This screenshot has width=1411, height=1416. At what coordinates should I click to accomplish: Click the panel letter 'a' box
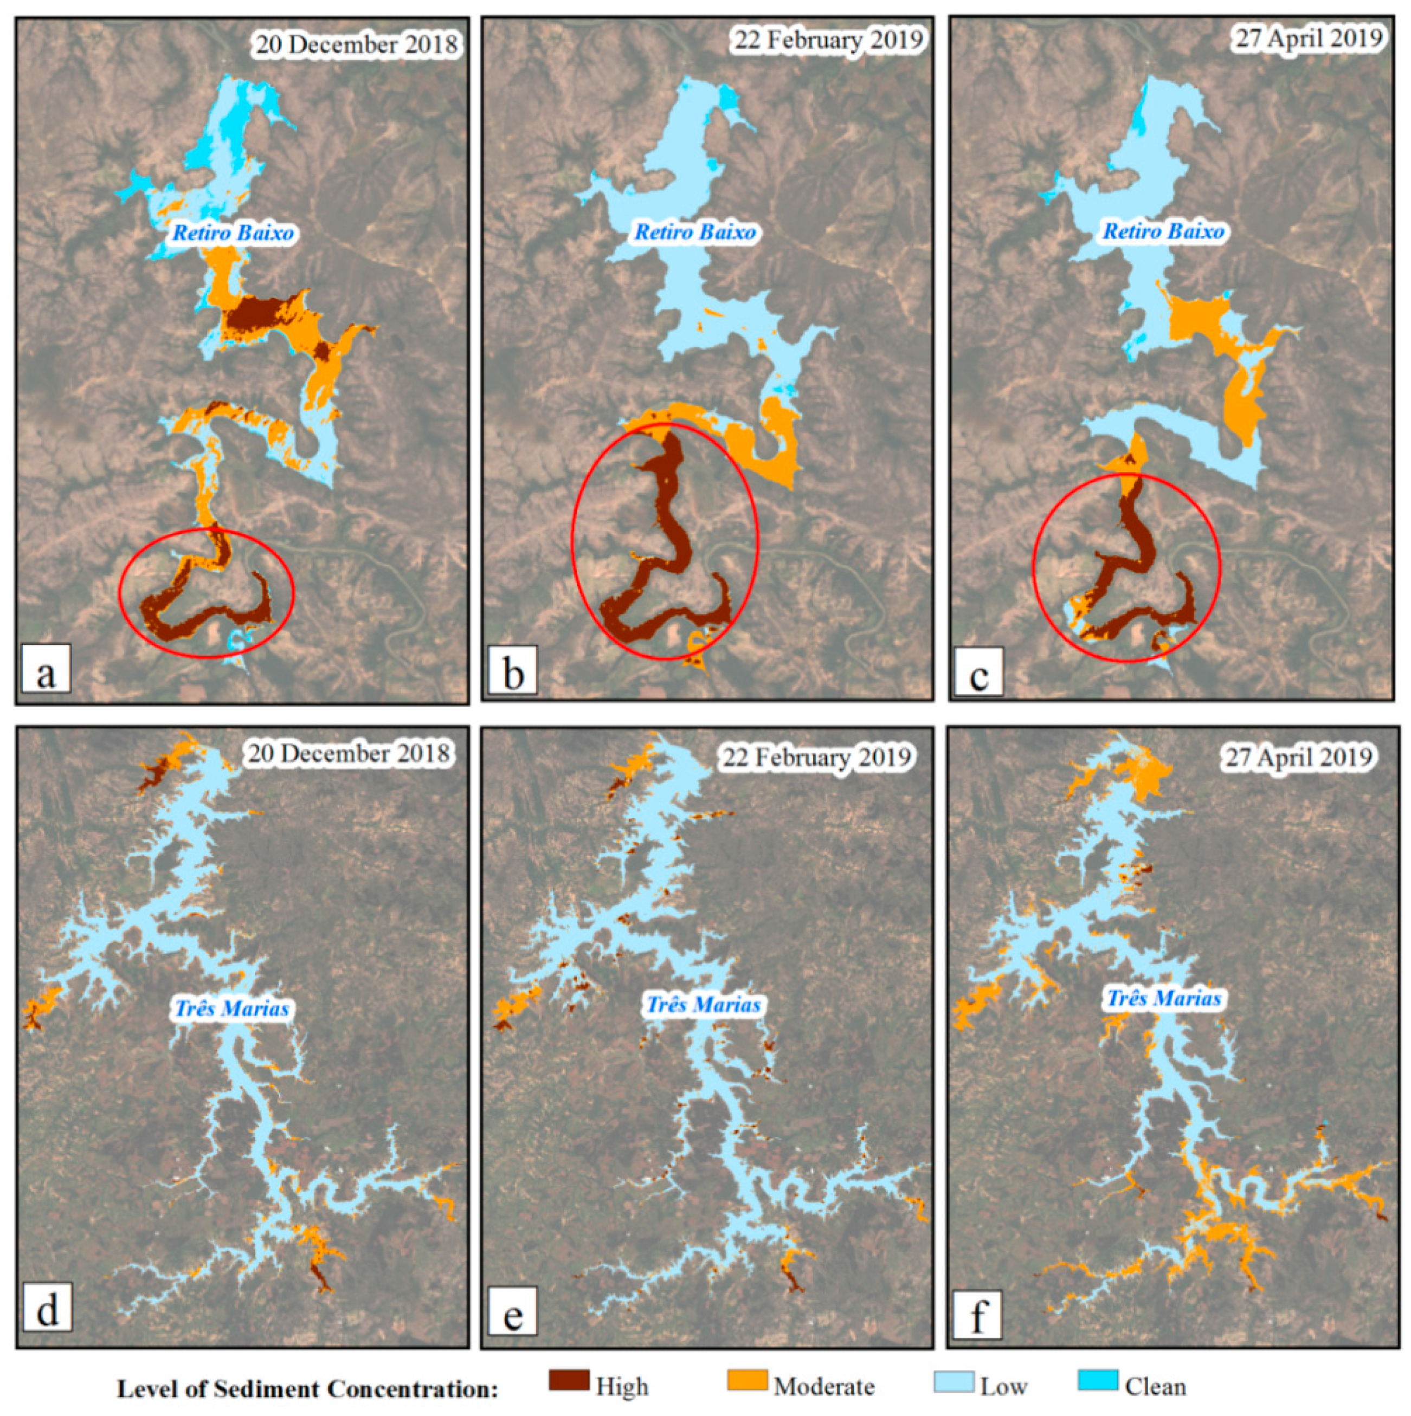tap(46, 668)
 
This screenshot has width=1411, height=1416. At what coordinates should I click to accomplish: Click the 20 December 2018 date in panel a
tap(356, 46)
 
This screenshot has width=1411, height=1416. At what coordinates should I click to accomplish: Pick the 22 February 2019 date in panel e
tap(816, 757)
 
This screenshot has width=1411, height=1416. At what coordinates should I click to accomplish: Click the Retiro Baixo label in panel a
tap(233, 233)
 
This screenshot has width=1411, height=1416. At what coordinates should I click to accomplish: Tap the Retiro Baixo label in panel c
tap(1163, 231)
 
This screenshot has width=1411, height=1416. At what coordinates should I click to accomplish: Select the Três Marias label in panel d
tap(231, 1008)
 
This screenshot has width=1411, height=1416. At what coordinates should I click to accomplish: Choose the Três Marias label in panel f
tap(1163, 998)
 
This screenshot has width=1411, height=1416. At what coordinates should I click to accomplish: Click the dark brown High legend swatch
tap(569, 1380)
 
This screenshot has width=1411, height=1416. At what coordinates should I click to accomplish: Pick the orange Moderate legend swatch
tap(747, 1380)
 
